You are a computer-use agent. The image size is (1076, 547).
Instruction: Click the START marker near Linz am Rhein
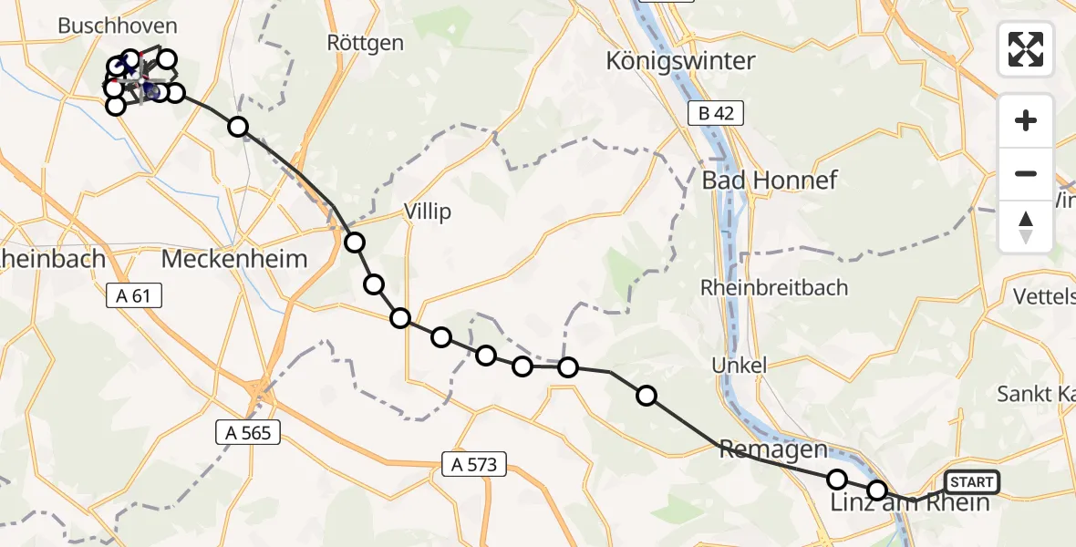tap(972, 481)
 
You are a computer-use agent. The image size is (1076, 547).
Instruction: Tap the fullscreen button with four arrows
tap(1026, 49)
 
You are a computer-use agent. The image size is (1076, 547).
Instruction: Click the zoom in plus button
tap(1026, 120)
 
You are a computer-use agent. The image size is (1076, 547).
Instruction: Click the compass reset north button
tap(1026, 227)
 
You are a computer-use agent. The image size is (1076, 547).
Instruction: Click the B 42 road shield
tap(716, 113)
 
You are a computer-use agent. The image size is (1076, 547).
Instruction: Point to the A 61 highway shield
tap(133, 295)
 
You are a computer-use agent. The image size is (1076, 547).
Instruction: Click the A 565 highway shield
tap(248, 432)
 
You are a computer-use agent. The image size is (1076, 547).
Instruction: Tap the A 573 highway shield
tap(473, 464)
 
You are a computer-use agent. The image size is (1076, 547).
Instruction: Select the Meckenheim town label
tap(233, 258)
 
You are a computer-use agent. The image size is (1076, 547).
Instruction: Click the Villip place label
tap(429, 212)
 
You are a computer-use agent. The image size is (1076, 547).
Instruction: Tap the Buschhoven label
tap(118, 26)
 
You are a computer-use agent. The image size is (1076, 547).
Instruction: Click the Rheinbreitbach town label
tap(773, 287)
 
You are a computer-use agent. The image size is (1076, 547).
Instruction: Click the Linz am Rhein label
tap(910, 503)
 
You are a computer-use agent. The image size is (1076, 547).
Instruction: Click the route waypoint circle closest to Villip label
tap(355, 243)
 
